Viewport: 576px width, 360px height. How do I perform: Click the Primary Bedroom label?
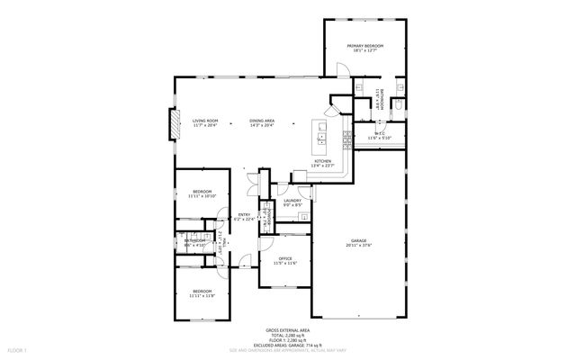click(x=365, y=45)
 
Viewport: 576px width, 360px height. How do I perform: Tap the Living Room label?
click(x=206, y=121)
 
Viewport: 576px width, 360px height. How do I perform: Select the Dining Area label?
click(x=262, y=121)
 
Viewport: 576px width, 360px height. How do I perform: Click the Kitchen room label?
click(x=322, y=161)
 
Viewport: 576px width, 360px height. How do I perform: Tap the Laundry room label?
click(x=292, y=201)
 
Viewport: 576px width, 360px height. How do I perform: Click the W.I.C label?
click(x=380, y=133)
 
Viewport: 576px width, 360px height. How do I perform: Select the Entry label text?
click(x=244, y=213)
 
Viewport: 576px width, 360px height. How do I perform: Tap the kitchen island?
click(x=318, y=134)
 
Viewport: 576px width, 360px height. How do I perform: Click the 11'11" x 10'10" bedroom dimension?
click(x=201, y=195)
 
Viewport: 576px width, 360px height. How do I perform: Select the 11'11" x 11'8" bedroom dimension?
click(x=201, y=295)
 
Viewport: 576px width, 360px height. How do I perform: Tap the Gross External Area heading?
click(x=287, y=330)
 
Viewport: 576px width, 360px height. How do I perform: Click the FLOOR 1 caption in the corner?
click(x=17, y=349)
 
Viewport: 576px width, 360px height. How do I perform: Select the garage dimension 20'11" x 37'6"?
click(x=359, y=245)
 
